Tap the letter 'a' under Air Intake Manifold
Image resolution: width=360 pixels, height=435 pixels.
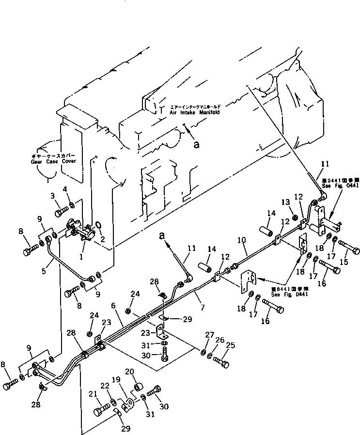(x=195, y=144)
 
